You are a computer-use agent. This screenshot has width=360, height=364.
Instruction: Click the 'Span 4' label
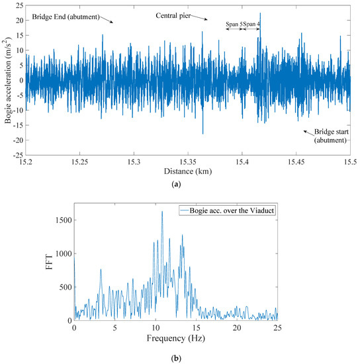pyautogui.click(x=252, y=24)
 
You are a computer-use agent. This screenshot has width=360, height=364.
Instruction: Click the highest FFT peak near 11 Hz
pyautogui.click(x=162, y=212)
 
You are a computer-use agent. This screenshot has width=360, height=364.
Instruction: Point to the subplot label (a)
pyautogui.click(x=176, y=185)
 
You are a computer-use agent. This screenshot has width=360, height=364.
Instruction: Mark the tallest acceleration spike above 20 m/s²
pyautogui.click(x=260, y=13)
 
